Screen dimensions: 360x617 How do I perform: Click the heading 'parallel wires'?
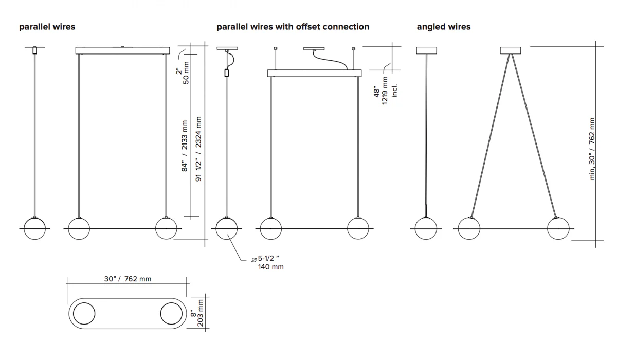[x=47, y=27]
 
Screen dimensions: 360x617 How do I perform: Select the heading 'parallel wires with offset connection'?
[x=293, y=27]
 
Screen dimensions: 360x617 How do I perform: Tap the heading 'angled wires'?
[x=443, y=27]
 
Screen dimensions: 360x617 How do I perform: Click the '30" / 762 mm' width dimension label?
[x=128, y=279]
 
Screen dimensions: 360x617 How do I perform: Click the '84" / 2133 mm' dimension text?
[x=185, y=146]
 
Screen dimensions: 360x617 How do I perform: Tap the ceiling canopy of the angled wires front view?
[x=510, y=50]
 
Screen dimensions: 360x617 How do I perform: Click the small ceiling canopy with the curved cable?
[x=314, y=49]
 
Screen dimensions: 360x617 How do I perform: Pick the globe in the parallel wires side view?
[x=35, y=228]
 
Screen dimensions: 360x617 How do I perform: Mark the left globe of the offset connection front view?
[x=271, y=228]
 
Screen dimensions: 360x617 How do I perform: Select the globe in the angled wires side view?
[x=426, y=228]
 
